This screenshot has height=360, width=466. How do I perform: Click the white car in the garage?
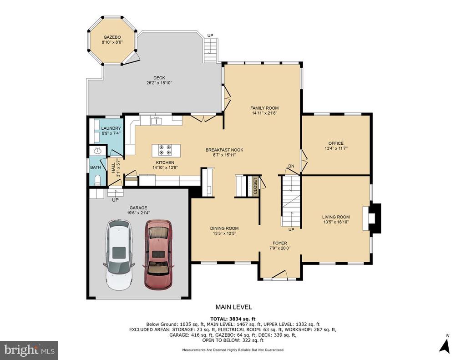tap(119, 255)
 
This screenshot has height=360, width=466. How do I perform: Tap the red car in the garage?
tap(158, 254)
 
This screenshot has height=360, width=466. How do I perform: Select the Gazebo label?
tap(112, 37)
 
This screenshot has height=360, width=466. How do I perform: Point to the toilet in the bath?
tap(97, 180)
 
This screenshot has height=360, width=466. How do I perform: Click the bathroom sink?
tap(97, 151)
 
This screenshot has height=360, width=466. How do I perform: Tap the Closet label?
tap(255, 186)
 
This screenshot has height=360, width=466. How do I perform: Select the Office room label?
tap(336, 143)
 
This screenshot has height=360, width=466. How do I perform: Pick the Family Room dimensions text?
tap(264, 113)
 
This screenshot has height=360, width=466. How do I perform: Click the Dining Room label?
tap(224, 228)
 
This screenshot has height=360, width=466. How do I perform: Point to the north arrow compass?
tap(445, 345)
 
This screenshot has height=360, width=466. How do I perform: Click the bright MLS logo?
tap(29, 350)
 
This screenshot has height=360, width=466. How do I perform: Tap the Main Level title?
tap(233, 307)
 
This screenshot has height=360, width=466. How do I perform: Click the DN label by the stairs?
tap(291, 166)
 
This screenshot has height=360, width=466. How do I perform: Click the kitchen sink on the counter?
tap(156, 121)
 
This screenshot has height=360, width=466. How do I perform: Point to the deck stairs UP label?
tap(210, 35)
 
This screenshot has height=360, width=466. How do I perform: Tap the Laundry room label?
tap(111, 128)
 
